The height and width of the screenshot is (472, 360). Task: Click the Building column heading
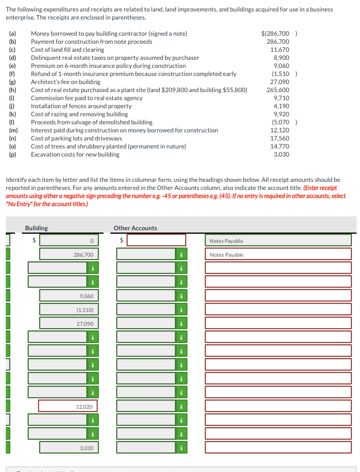[x=36, y=229]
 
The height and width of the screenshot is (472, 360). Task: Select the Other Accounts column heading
[x=135, y=229]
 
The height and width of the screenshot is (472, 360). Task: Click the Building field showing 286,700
[x=68, y=254]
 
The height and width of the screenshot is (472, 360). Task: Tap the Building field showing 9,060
[x=68, y=296]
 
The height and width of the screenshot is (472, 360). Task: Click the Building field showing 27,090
[x=68, y=323]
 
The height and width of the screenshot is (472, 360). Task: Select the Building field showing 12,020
[x=68, y=406]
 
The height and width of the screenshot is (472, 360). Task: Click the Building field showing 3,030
[x=68, y=448]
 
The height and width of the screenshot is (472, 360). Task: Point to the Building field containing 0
[x=68, y=241]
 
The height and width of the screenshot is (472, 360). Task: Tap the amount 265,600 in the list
[x=278, y=90]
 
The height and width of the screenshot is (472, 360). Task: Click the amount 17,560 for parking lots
[x=279, y=138]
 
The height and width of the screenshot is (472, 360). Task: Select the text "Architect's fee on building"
[x=66, y=82]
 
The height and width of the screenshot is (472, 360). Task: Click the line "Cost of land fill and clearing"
[x=67, y=50]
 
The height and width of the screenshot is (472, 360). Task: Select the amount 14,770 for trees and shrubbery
[x=279, y=146]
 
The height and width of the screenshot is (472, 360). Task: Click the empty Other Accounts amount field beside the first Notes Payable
[x=156, y=241]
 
